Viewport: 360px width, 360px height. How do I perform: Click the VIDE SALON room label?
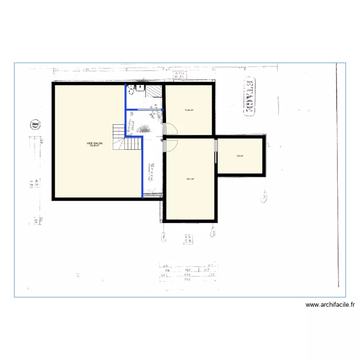[95, 143]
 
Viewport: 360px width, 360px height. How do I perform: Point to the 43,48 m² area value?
[95, 146]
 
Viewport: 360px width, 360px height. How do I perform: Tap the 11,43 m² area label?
[189, 110]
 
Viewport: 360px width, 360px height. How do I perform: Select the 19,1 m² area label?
[190, 179]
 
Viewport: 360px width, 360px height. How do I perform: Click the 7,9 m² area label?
[240, 156]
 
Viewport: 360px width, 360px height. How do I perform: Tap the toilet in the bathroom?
[131, 88]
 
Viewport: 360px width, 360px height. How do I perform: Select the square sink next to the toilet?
[140, 87]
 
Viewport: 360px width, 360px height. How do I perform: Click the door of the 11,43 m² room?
[171, 129]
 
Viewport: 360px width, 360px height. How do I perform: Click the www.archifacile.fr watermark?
[330, 304]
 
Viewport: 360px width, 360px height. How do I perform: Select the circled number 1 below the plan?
[164, 236]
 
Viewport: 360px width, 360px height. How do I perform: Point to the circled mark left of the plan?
[35, 124]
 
